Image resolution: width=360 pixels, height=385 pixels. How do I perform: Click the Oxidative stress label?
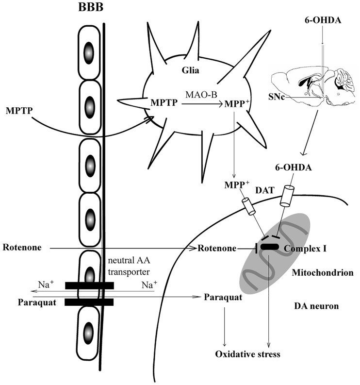pos(248,354)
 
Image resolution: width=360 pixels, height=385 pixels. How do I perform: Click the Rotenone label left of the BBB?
pos(19,248)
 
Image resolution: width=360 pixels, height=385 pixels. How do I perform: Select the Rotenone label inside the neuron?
pos(216,249)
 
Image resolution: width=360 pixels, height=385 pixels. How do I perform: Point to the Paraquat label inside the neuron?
pos(223,296)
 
